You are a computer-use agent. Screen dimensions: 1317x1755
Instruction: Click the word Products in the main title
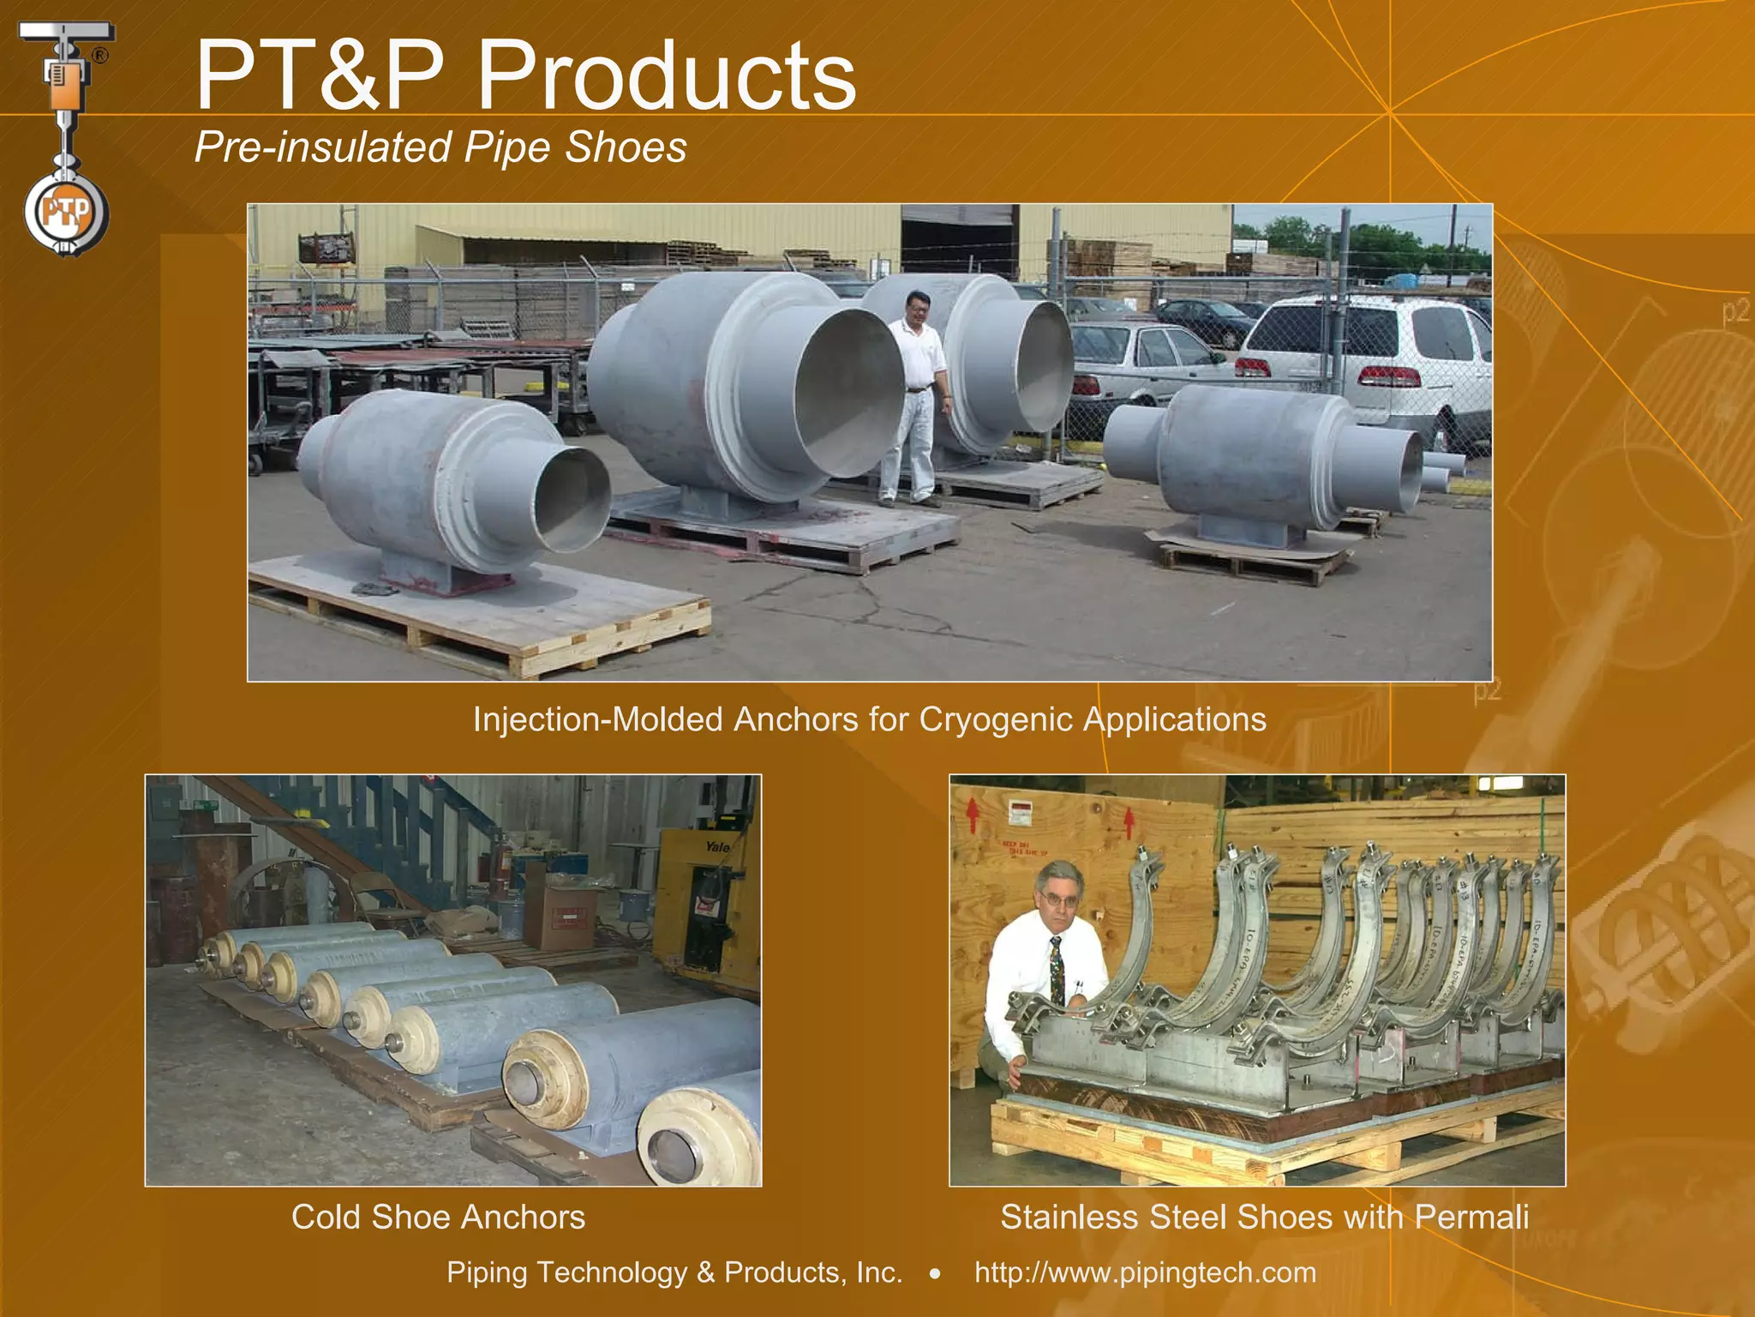[x=666, y=77]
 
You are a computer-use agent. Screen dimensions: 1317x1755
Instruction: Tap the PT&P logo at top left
[x=66, y=137]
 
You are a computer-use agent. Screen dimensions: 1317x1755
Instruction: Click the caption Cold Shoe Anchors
[x=438, y=1218]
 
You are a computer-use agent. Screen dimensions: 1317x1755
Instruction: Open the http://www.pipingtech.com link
[x=1145, y=1272]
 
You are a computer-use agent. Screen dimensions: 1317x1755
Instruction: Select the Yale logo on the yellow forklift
[x=717, y=848]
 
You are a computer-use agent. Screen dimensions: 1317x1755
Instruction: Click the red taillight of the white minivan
[x=1390, y=376]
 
